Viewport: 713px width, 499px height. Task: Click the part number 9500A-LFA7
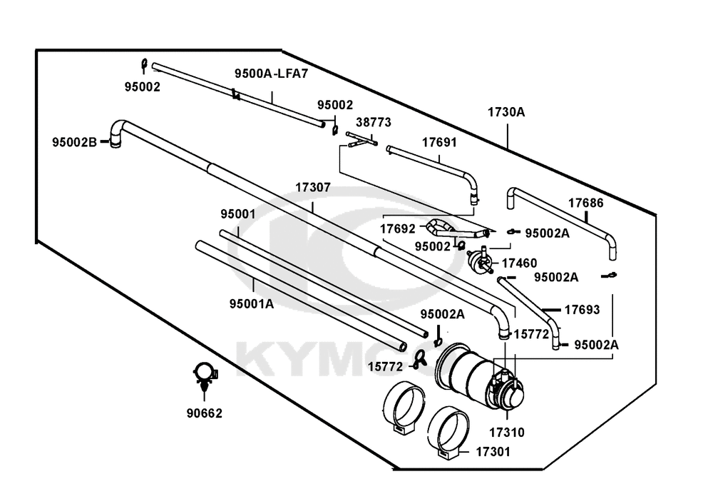[x=272, y=74]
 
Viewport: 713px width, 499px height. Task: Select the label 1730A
[x=506, y=112]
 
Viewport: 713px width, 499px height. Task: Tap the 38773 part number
[x=374, y=123]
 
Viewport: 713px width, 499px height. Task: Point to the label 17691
[x=439, y=143]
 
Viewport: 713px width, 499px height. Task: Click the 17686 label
[x=585, y=203]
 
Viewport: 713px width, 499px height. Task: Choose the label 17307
[x=313, y=188]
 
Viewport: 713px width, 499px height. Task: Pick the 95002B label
[x=75, y=143]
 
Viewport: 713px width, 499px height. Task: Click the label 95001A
[x=252, y=303]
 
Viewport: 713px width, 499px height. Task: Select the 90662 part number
[x=205, y=413]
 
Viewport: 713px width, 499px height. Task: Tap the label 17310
[x=507, y=433]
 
